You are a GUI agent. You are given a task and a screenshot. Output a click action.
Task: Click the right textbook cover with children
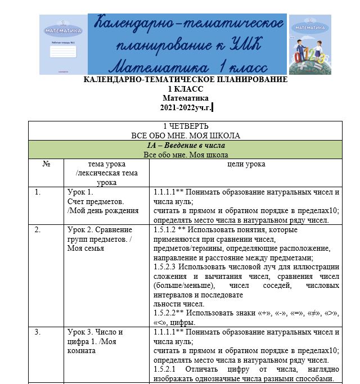coord(310,44)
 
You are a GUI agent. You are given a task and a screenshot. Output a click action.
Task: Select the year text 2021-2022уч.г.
coord(186,107)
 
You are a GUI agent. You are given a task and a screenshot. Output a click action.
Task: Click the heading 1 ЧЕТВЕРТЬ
coord(185,126)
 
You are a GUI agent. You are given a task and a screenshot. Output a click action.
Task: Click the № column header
coord(47,164)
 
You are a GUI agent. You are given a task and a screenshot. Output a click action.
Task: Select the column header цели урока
coord(246,164)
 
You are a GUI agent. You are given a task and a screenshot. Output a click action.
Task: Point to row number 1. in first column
coord(38,192)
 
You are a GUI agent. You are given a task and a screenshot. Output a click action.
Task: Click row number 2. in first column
coord(38,229)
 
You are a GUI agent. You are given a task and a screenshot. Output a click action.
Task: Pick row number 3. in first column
coord(38,332)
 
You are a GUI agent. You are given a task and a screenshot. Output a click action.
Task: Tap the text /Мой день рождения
coord(103,211)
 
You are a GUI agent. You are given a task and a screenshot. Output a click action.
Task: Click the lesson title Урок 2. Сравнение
coord(99,229)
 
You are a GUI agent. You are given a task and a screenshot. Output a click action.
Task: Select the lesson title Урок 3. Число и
coord(94,332)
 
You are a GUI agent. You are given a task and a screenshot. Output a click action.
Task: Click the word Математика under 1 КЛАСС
coord(185,98)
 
